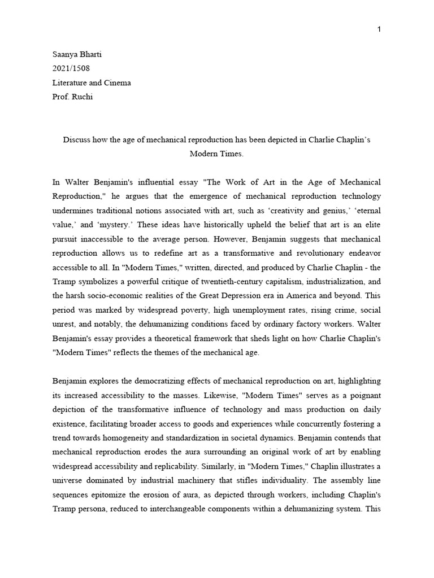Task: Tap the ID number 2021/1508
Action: (71, 69)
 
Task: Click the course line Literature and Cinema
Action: (91, 82)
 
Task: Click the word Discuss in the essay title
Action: (77, 139)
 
